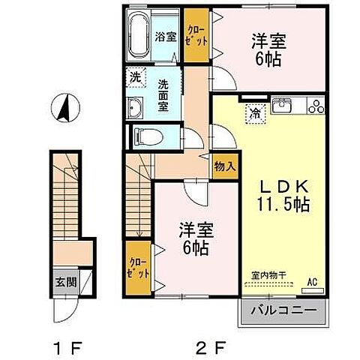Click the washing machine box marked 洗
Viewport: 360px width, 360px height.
135,76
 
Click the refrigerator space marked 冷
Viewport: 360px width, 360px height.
256,115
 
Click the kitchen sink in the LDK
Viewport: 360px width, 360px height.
283,105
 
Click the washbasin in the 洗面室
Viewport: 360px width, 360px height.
136,107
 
